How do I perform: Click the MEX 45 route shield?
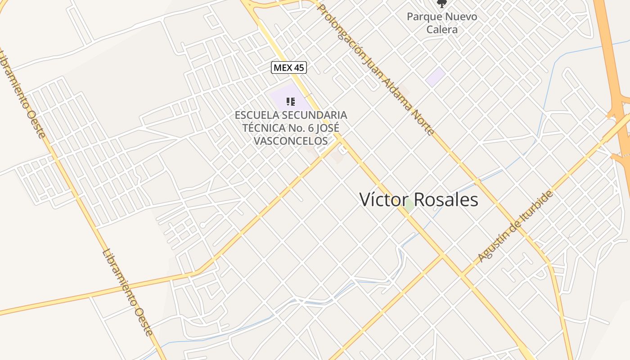click(289, 68)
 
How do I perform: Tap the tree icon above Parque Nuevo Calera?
click(442, 4)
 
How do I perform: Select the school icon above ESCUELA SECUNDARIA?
click(291, 102)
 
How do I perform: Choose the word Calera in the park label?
click(442, 30)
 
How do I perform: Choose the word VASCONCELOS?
click(291, 141)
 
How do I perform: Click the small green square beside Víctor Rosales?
click(409, 206)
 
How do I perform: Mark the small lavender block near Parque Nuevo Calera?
click(436, 77)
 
